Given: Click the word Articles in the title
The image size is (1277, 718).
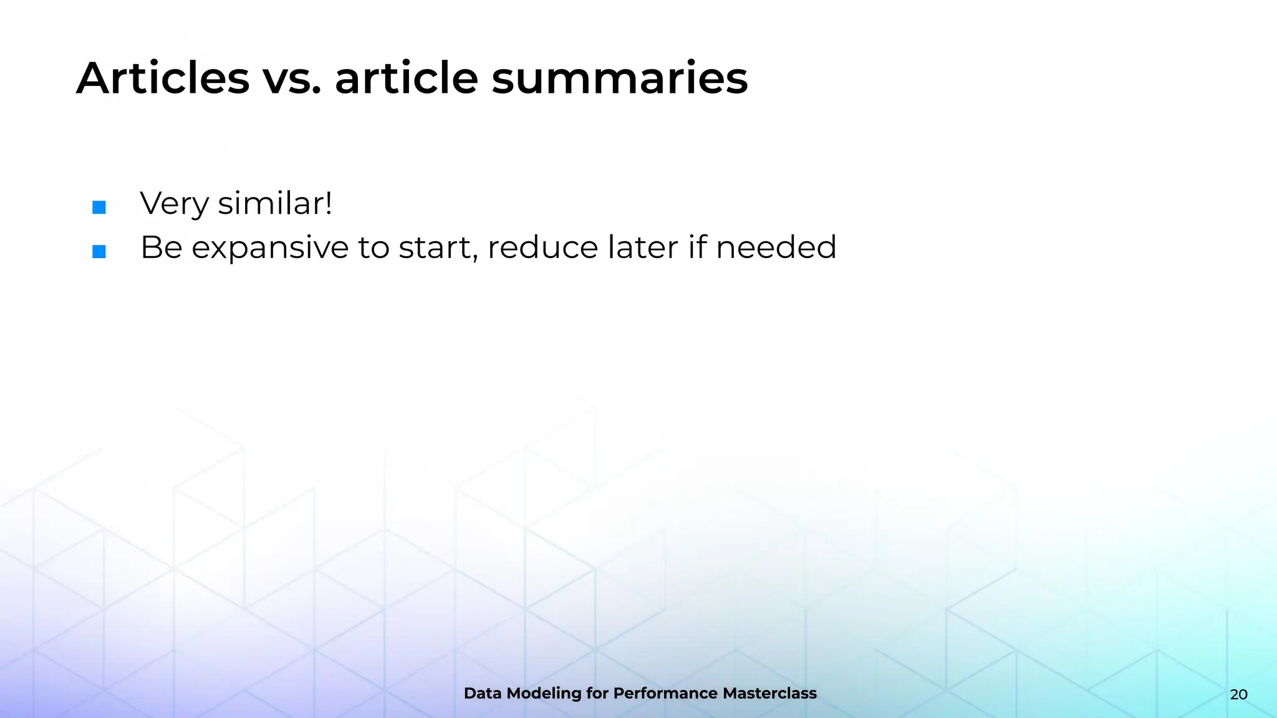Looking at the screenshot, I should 163,79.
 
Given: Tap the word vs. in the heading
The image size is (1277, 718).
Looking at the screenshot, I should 291,79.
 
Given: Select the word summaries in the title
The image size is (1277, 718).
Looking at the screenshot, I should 619,79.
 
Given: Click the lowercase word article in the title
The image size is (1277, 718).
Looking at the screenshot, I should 406,79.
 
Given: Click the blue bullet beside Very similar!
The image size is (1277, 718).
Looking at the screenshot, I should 99,208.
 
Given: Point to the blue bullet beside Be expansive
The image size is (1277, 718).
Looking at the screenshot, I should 99,252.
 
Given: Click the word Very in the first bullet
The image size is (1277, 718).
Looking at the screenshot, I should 174,204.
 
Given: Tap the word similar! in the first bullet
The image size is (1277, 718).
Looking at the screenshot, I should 275,204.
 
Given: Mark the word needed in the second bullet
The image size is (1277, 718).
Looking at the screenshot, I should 776,248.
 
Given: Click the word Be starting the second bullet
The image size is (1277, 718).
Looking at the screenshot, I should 161,248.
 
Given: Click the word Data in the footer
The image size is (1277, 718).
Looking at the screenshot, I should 483,694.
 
